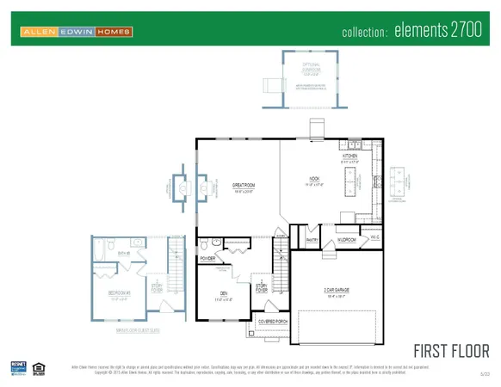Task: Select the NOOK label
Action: click(x=314, y=181)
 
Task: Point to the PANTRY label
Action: click(x=312, y=240)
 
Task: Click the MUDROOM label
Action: click(x=347, y=240)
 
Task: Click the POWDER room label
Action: click(x=207, y=257)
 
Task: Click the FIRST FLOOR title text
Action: click(x=451, y=350)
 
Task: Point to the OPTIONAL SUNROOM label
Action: click(x=310, y=65)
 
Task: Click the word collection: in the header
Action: click(x=366, y=33)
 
